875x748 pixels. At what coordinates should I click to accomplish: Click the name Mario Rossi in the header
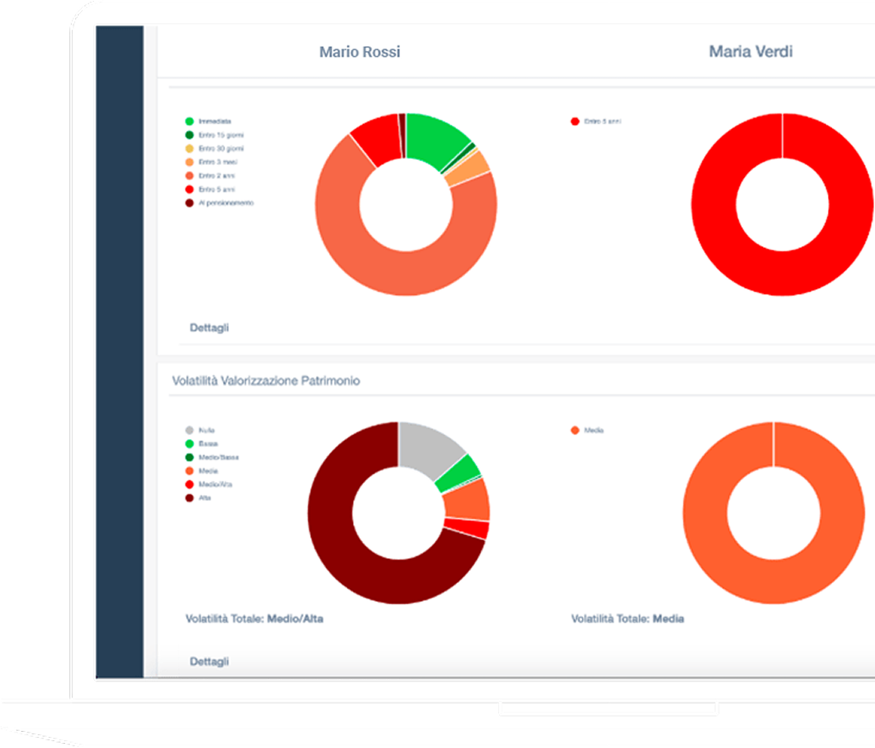click(360, 52)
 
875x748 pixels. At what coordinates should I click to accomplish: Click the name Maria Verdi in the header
click(750, 52)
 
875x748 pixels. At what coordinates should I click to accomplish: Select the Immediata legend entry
click(214, 121)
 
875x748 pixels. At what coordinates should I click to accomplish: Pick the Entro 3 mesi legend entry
click(214, 162)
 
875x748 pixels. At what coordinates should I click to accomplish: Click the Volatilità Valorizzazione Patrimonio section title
click(266, 381)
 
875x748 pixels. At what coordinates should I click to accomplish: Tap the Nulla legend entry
click(206, 430)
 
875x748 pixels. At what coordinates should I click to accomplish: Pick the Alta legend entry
click(204, 498)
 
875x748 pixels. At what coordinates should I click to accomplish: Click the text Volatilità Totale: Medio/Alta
click(255, 619)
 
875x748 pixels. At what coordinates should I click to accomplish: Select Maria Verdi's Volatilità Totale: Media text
click(627, 619)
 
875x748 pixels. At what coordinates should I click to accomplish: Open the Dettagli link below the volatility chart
click(209, 662)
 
